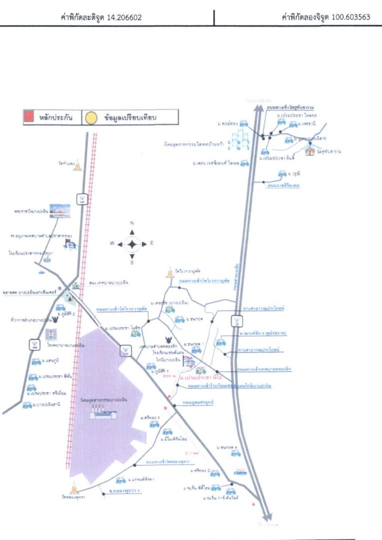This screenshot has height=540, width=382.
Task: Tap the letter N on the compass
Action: [x=132, y=223]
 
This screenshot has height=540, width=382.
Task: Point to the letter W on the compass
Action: [x=113, y=243]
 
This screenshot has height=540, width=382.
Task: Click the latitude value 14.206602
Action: [x=125, y=17]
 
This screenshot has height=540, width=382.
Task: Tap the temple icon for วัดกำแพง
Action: [x=77, y=166]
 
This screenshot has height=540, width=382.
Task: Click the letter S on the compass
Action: [x=132, y=263]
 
